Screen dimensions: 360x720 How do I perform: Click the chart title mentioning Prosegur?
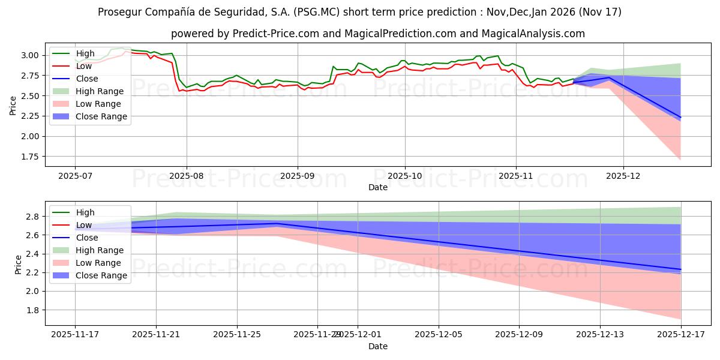click(x=360, y=12)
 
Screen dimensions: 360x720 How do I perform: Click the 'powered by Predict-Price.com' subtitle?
click(x=377, y=34)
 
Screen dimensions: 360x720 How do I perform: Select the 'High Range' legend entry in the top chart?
click(x=99, y=91)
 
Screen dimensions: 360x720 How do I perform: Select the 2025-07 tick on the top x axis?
click(x=75, y=176)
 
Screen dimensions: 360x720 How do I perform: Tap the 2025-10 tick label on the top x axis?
click(x=404, y=176)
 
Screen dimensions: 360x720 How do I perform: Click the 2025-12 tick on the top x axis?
click(x=623, y=176)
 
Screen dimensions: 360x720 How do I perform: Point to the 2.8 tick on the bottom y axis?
click(x=34, y=217)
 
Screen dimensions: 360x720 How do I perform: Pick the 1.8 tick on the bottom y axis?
click(x=34, y=310)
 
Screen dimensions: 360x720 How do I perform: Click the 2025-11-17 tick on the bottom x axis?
click(x=75, y=335)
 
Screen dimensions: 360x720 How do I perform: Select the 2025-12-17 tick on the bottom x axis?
click(x=681, y=335)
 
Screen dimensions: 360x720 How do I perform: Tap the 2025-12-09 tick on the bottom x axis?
click(x=519, y=335)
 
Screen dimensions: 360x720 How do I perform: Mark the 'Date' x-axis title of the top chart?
click(x=378, y=187)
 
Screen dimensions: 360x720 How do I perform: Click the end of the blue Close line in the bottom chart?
click(x=681, y=269)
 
